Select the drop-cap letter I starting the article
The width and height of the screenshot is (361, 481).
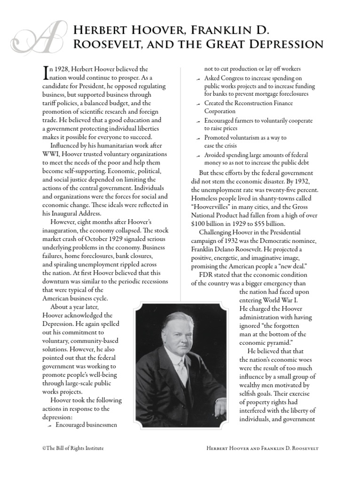click(x=46, y=72)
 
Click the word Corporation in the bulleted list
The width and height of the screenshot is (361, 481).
click(x=220, y=111)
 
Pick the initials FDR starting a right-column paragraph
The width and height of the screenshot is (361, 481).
click(x=206, y=275)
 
